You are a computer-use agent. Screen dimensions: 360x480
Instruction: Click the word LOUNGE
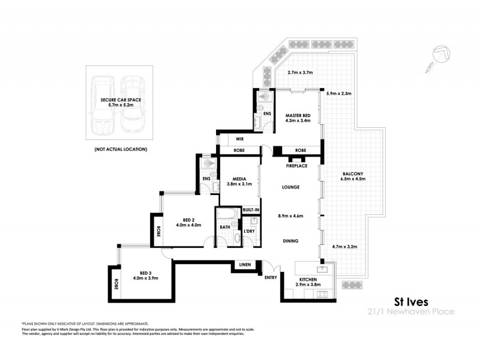290,188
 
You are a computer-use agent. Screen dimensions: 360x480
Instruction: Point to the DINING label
290,241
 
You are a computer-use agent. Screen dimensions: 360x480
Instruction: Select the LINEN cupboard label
244,265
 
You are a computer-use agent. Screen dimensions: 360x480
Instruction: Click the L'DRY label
250,232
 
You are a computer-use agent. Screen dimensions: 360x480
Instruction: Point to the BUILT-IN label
250,209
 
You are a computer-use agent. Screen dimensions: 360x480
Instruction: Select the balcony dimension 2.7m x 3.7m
301,73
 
